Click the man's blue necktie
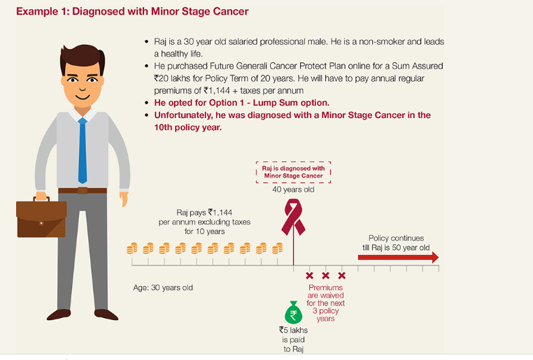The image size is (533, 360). tap(83, 150)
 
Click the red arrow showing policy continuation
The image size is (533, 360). tap(398, 257)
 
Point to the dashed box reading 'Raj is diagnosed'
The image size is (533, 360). tap(292, 172)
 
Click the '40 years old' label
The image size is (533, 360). tap(292, 190)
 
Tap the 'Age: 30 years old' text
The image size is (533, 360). tap(163, 287)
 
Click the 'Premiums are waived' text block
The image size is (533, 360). tap(325, 303)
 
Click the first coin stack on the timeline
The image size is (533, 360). tap(132, 248)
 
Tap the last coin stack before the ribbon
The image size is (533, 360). tap(278, 248)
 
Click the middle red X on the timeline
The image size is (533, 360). tap(325, 275)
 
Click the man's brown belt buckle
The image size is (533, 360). tap(83, 190)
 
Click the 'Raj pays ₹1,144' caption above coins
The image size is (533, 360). tap(204, 221)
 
